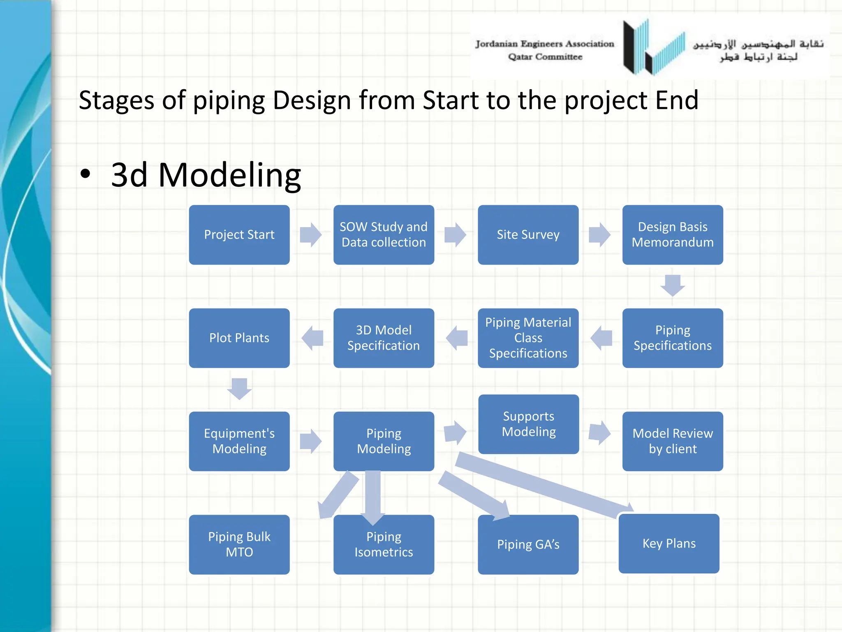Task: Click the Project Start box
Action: tap(239, 235)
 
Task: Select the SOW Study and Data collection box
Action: tap(383, 235)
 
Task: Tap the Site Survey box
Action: tap(528, 235)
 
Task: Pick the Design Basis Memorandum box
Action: tap(672, 235)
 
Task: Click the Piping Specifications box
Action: tap(672, 338)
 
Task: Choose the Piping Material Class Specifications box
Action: tap(528, 338)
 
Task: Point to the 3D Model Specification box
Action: tap(383, 338)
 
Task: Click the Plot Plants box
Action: tap(239, 338)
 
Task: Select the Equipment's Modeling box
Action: tap(239, 441)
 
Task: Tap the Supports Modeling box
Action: tap(528, 424)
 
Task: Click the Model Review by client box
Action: tap(672, 441)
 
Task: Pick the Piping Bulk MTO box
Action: tap(239, 544)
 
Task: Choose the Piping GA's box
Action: tap(528, 544)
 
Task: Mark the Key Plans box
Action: tap(669, 544)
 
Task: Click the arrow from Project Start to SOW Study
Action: tap(311, 235)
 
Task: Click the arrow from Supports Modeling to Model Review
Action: tap(600, 432)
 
